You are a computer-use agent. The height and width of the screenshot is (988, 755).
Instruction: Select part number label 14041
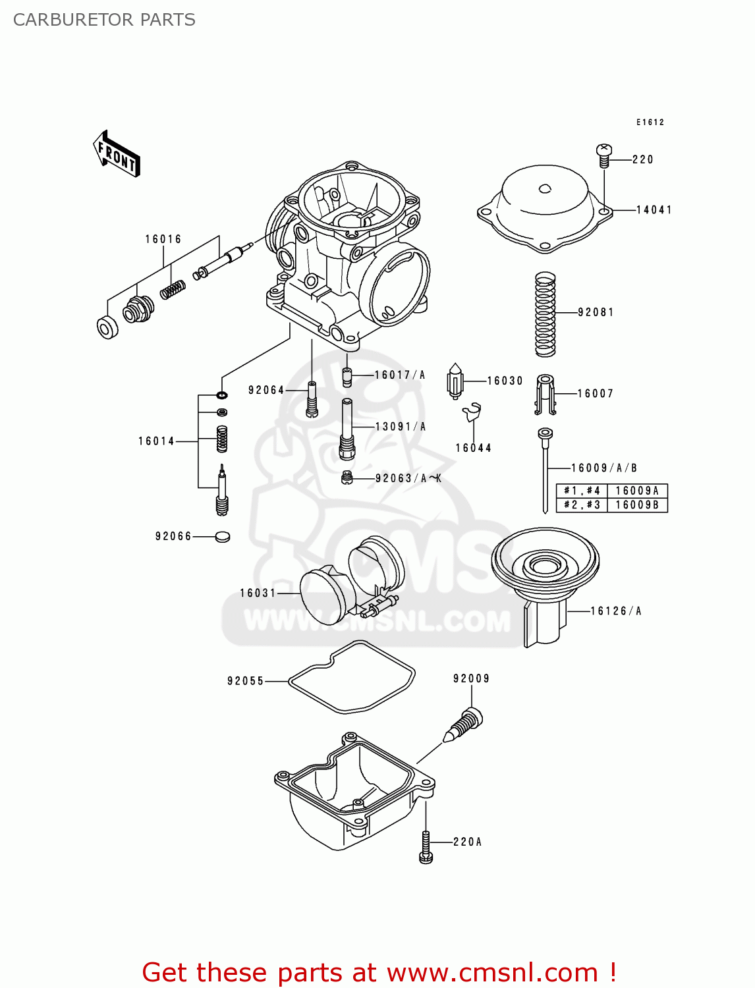(654, 210)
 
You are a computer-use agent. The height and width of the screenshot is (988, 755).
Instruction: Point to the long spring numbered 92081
(545, 314)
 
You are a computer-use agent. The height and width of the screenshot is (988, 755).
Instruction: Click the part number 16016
(163, 239)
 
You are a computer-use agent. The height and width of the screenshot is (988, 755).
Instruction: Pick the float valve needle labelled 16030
(455, 381)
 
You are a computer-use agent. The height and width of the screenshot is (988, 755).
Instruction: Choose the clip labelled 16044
(472, 412)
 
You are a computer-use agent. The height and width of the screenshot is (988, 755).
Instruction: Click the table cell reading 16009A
(636, 491)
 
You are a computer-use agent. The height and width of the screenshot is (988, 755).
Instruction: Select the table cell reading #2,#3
(582, 505)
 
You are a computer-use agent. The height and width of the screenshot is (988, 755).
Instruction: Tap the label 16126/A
(616, 611)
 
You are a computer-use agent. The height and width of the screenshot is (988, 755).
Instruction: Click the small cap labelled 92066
(223, 536)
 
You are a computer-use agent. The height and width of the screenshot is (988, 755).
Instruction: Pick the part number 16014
(156, 441)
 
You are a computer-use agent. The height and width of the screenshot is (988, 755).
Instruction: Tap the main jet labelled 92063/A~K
(348, 478)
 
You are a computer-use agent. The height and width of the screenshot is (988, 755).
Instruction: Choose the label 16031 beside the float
(258, 593)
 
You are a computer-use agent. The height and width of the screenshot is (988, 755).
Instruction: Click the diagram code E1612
(650, 123)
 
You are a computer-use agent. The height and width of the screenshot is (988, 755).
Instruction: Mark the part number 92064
(266, 391)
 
